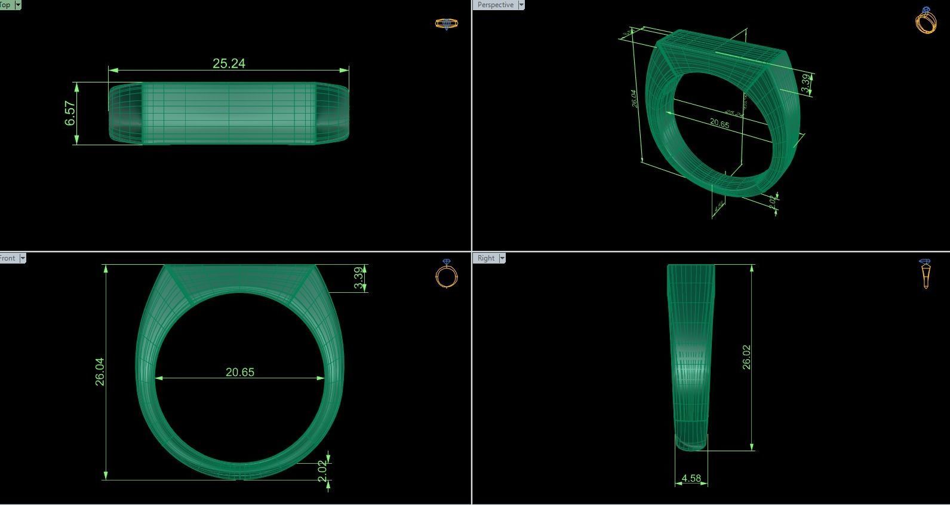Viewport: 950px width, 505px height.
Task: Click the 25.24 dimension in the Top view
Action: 229,63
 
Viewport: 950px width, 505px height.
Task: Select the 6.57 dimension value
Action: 70,114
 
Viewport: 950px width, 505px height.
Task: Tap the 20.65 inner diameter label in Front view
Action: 240,372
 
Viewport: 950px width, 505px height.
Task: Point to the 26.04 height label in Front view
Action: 100,372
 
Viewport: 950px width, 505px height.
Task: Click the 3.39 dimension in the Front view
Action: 358,278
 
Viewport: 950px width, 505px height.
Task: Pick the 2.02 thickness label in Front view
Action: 322,471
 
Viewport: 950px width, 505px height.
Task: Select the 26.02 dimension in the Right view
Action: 746,357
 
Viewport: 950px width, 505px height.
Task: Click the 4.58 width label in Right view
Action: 691,478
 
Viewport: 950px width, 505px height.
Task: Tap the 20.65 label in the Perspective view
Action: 720,124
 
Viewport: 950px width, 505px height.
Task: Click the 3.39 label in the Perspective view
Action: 806,83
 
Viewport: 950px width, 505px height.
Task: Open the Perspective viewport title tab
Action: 495,5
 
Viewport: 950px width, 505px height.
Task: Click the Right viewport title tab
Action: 485,258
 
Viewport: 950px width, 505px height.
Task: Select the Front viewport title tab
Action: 8,258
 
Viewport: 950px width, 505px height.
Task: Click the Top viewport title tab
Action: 5,5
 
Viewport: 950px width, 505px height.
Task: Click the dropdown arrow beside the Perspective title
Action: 521,5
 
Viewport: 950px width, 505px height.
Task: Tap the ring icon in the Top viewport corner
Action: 446,24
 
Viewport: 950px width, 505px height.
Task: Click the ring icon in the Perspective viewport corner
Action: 926,21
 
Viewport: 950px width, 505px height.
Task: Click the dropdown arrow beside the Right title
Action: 502,258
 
